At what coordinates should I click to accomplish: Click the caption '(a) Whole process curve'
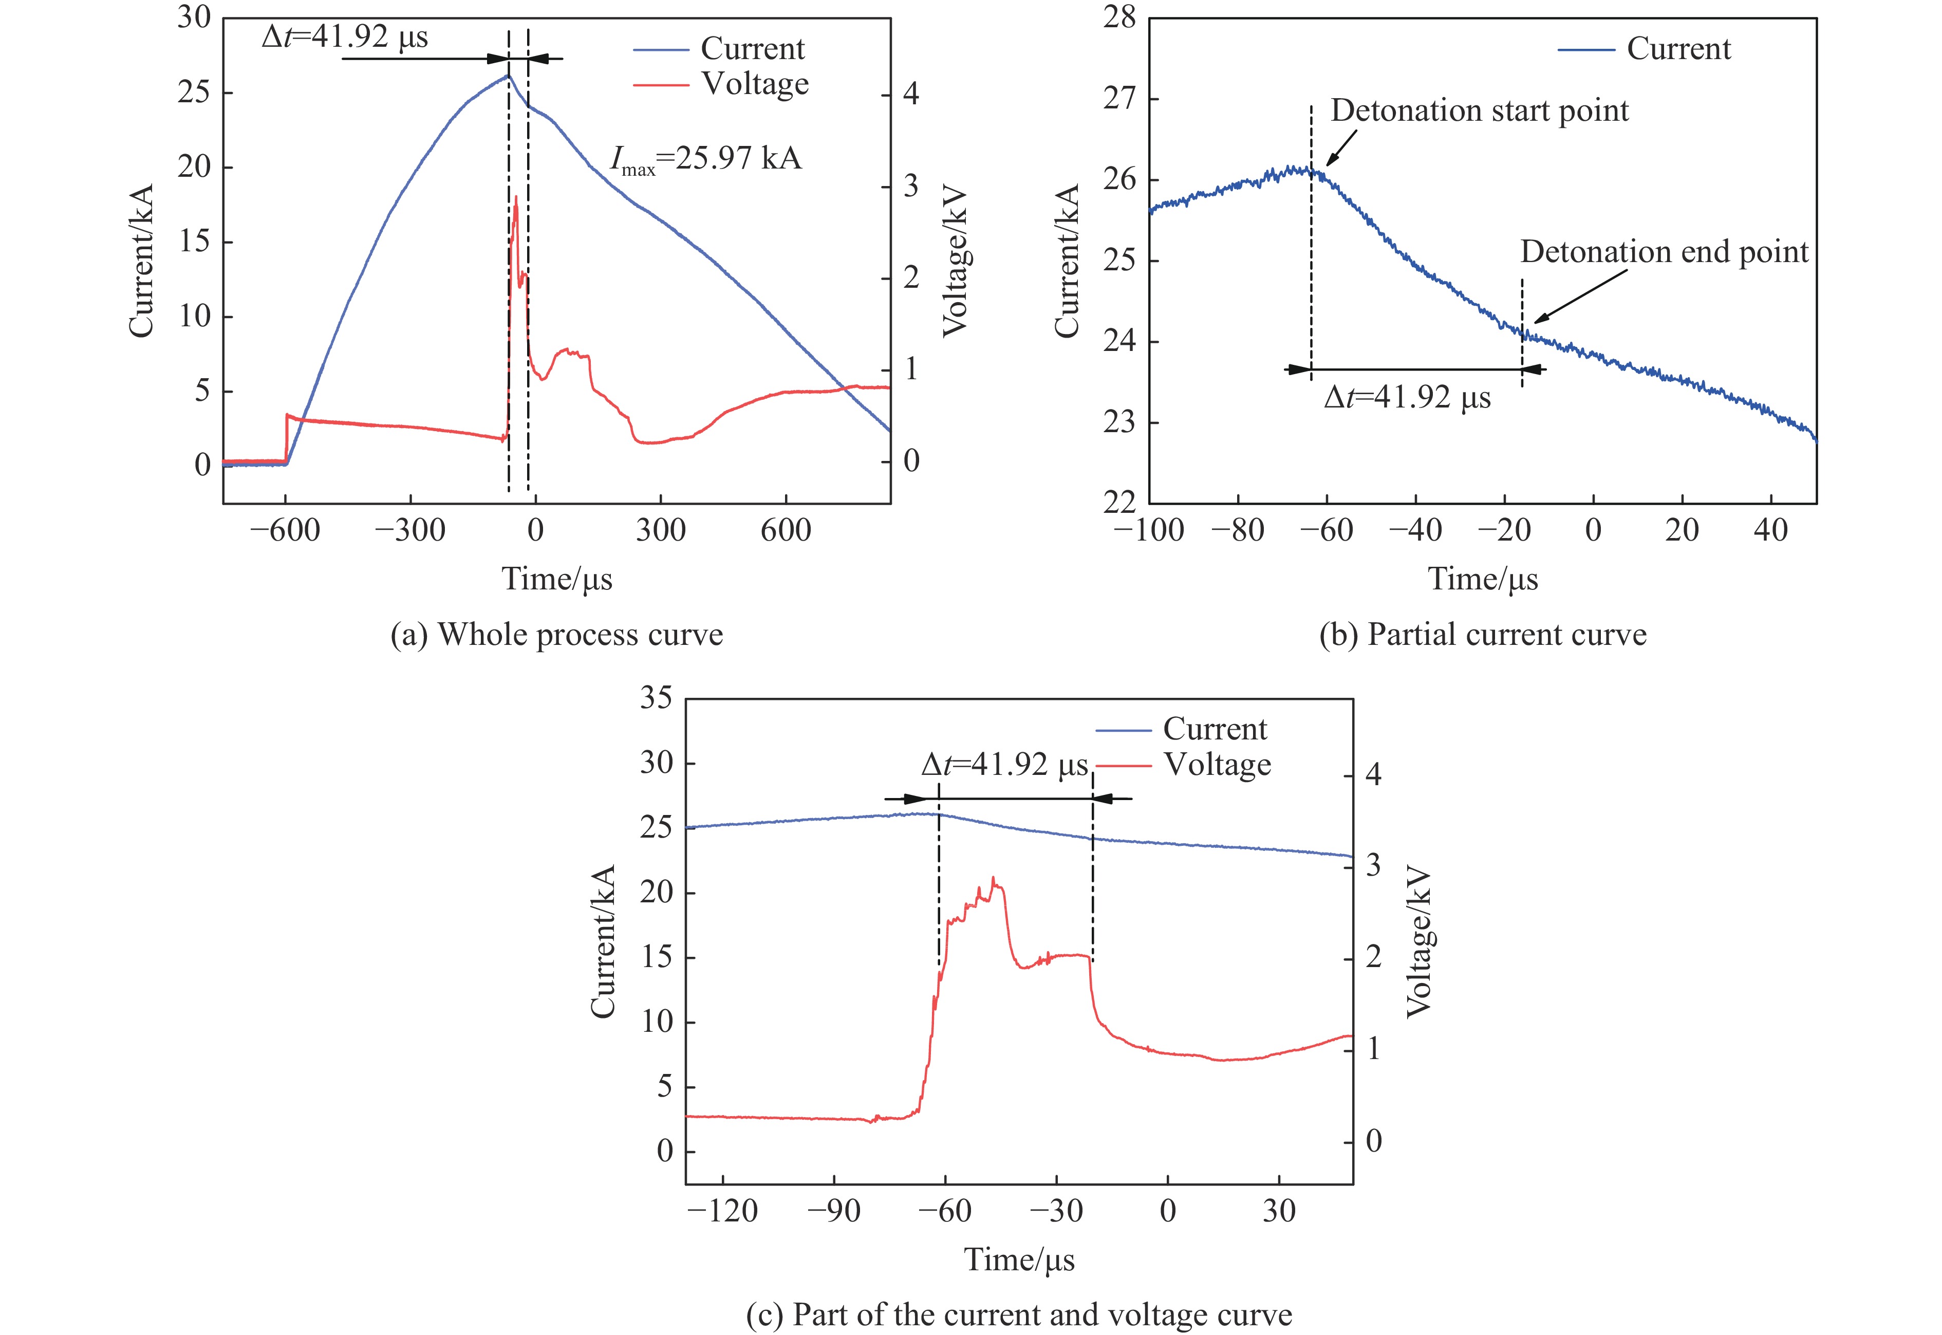tap(556, 635)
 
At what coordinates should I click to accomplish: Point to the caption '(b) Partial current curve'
tap(1482, 635)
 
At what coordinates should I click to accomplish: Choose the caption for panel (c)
tap(1019, 1314)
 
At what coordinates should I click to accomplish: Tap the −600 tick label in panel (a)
tap(284, 530)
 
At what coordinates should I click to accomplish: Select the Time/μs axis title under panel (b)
tap(1482, 579)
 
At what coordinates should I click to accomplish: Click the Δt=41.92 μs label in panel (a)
tap(345, 38)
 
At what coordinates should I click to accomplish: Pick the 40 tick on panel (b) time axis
tap(1770, 530)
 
